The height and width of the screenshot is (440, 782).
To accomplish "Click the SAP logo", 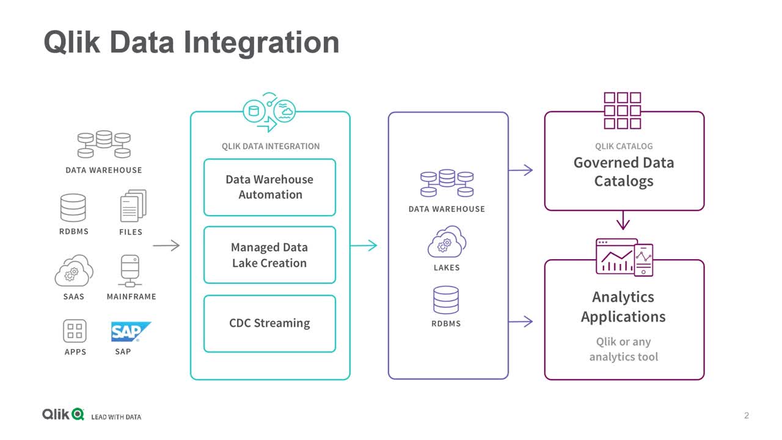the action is (131, 331).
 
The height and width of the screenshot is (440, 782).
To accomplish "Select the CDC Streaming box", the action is (270, 323).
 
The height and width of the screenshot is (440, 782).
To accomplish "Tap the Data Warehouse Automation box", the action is (270, 187).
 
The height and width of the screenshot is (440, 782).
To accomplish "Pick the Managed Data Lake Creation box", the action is (270, 255).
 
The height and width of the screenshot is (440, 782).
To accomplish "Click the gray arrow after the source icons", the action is (166, 246).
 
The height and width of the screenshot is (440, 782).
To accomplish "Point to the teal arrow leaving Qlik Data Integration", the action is (364, 246).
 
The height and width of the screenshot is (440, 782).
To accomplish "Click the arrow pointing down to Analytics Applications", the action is (623, 220).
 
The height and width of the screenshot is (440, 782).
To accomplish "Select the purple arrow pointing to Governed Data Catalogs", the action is (521, 170).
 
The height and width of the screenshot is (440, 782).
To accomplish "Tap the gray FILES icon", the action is (133, 206).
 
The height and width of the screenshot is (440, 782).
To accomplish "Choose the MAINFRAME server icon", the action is (130, 271).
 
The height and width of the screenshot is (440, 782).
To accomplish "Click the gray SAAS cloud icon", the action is (74, 270).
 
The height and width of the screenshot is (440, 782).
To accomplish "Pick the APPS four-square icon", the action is (75, 331).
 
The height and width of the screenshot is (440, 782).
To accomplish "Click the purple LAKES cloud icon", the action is (447, 241).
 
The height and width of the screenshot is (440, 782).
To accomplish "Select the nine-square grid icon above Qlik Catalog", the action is (623, 111).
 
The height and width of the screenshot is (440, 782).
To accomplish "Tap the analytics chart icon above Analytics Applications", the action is (624, 257).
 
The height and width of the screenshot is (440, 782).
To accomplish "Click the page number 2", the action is (747, 416).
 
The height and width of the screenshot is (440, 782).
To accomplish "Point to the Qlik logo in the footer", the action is (63, 414).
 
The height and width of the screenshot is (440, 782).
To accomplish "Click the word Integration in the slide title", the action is (261, 43).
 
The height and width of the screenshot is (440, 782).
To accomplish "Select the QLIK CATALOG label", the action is (624, 146).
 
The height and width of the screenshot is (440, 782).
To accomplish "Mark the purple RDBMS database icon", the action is (446, 300).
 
